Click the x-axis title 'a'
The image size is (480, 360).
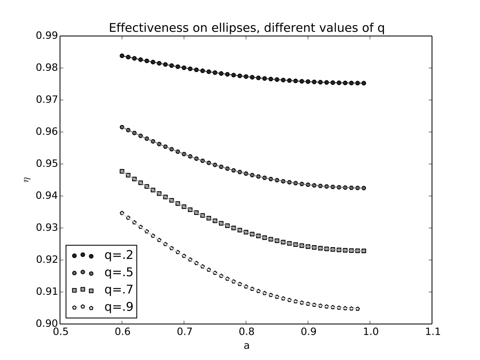[246, 345]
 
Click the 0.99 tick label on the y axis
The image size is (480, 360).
[46, 36]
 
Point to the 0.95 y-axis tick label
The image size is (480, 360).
[46, 164]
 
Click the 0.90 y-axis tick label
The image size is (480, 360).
[46, 324]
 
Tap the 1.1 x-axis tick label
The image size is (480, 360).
[432, 332]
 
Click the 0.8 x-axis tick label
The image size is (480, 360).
[246, 332]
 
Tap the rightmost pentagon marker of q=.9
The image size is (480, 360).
[358, 309]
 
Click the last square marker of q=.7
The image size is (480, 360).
[364, 251]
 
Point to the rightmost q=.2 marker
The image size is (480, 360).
[364, 83]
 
